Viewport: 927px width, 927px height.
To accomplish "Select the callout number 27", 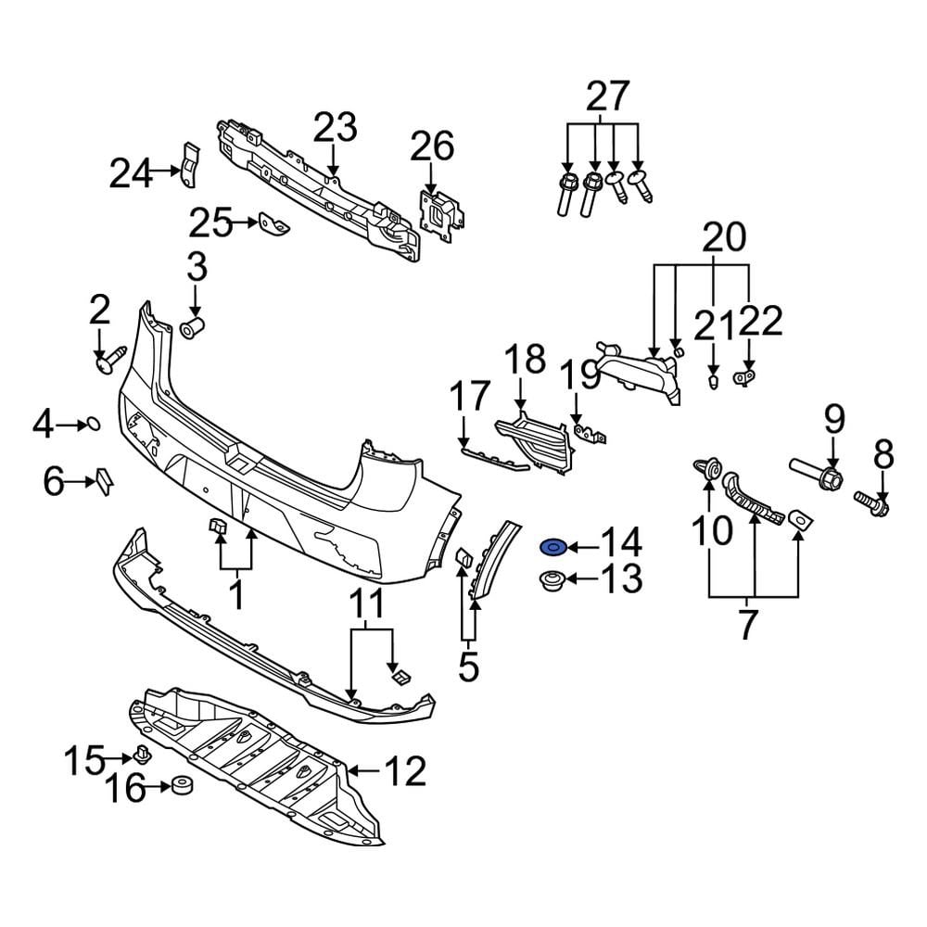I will click(x=607, y=96).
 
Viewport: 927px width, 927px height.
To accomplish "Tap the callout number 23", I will click(x=334, y=127).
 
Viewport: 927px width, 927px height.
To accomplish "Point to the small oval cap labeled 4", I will click(x=93, y=425).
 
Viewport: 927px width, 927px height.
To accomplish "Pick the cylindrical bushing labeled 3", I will click(x=193, y=327).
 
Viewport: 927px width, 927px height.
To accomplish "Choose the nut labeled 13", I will click(x=552, y=582).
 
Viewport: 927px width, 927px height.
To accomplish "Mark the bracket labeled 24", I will click(x=189, y=168).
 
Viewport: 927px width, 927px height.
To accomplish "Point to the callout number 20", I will click(x=722, y=238).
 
